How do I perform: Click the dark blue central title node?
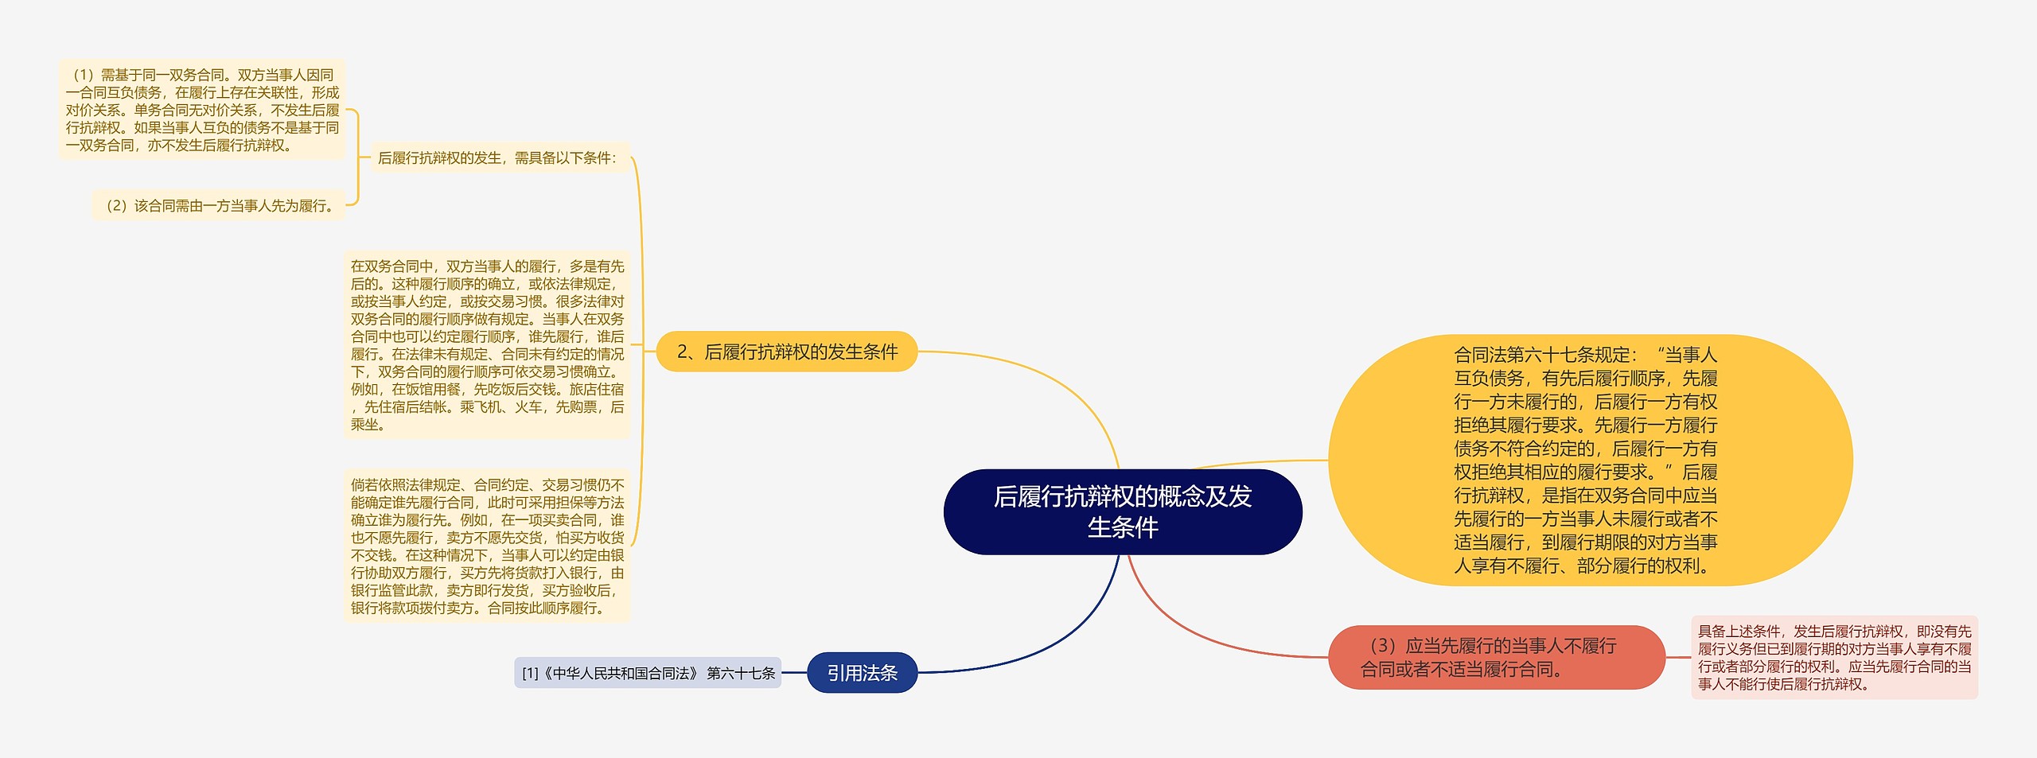pos(1122,511)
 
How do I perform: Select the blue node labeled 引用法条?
pos(862,673)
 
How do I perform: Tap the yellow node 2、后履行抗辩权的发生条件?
pos(786,352)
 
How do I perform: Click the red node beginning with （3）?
pos(1496,657)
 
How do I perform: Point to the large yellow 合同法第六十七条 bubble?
pos(1589,460)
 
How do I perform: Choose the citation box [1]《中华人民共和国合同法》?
pos(648,673)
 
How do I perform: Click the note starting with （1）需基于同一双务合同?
pos(202,110)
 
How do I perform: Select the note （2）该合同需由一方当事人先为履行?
pos(219,205)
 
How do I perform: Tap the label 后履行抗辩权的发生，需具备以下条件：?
pos(497,157)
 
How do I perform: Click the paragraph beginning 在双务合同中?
pos(487,344)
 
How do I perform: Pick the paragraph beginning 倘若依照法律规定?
pos(487,546)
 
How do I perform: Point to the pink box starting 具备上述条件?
pos(1834,657)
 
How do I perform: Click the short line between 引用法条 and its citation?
pos(794,673)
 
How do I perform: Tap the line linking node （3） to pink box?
pos(1678,657)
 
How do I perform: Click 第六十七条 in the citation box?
pos(741,674)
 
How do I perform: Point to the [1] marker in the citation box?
pos(530,674)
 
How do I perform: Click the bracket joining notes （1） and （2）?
pos(357,157)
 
